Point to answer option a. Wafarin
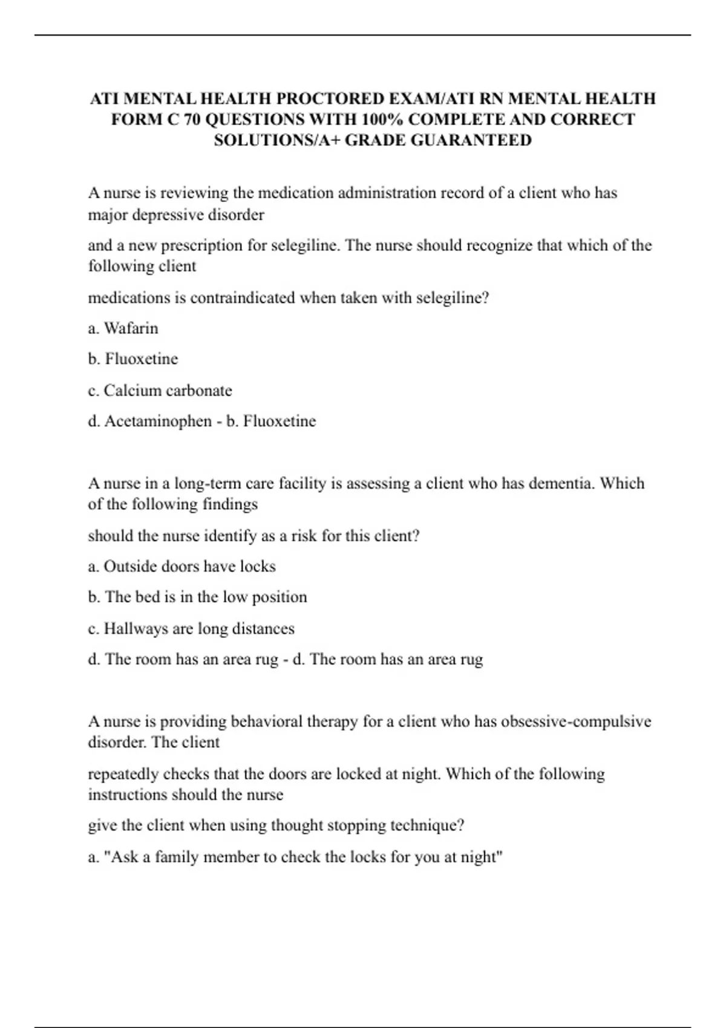pos(123,328)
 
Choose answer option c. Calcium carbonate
pos(160,391)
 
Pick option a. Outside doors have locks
pos(182,567)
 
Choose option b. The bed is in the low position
pos(198,597)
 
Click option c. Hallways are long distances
pos(192,629)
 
